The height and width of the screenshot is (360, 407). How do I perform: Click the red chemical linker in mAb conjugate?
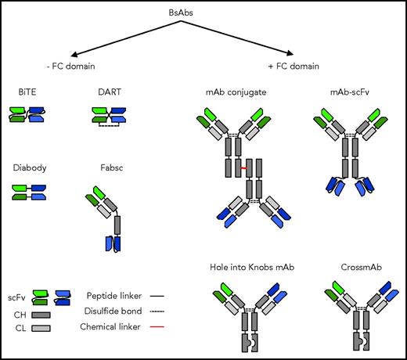click(x=244, y=167)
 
